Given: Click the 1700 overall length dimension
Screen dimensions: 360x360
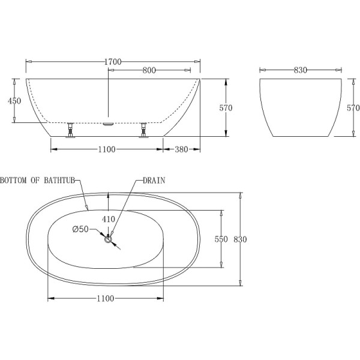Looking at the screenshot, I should (113, 62).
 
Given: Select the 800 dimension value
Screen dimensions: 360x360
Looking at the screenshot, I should (149, 70).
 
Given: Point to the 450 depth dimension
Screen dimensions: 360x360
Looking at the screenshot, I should (14, 101).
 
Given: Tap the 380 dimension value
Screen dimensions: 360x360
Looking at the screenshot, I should (182, 149).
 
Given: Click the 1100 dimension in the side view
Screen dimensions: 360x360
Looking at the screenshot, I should (106, 149).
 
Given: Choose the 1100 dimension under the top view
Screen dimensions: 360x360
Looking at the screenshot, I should (106, 298).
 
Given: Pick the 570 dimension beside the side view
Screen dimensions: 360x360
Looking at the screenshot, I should (226, 108).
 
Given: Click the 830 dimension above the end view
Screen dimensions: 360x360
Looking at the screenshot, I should (301, 70).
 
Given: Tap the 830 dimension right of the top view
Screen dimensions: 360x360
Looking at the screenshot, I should (241, 239).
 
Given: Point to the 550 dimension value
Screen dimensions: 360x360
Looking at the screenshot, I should (221, 239).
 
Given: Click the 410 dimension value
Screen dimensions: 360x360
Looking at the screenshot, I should (108, 220).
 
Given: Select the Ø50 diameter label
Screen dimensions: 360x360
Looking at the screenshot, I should (80, 229).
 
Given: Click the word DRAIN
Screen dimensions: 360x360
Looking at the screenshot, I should (154, 180).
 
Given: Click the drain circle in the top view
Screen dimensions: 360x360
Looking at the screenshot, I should (109, 240).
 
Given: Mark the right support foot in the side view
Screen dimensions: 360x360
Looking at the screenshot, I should (143, 130).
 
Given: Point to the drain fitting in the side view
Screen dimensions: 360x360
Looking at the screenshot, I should (108, 124).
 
